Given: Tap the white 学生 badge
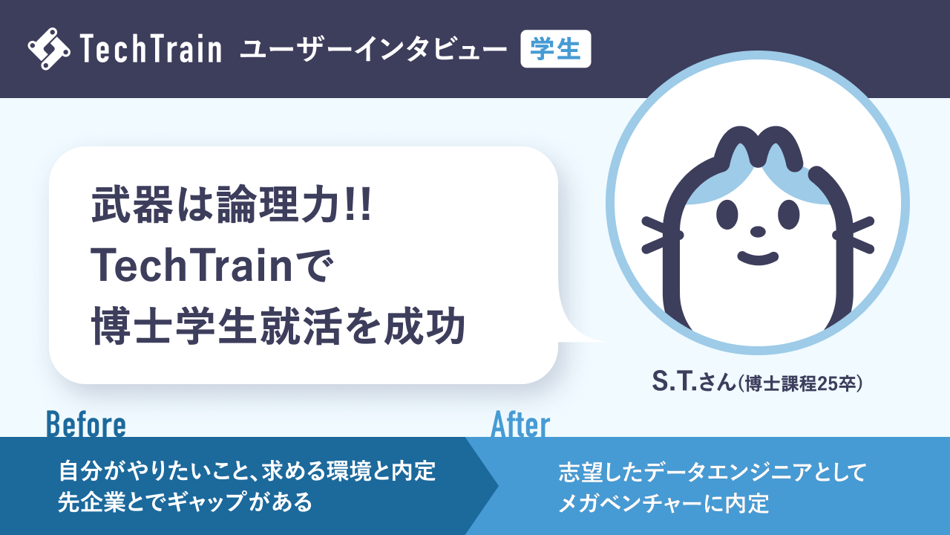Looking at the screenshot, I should pos(556,49).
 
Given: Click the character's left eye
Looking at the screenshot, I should pos(727,214).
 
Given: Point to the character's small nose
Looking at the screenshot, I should pos(758,232).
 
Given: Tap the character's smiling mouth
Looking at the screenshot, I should pos(758,257).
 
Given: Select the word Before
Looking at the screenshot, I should pos(86,425).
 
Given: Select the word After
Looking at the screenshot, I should pos(520,425).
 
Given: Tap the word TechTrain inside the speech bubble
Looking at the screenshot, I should pos(197,267).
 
